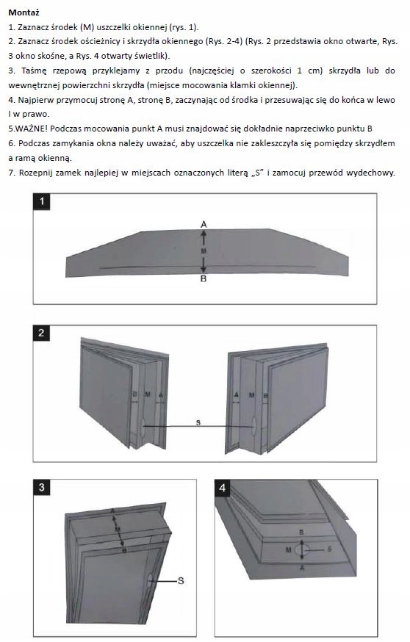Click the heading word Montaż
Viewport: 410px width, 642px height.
[24, 12]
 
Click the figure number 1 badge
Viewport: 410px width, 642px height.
[41, 201]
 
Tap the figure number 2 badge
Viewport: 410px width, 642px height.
[41, 333]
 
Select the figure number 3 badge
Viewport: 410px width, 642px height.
[41, 488]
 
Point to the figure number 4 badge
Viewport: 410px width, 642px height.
[223, 488]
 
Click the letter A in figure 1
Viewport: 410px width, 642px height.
[204, 224]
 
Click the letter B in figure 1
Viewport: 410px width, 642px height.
[204, 279]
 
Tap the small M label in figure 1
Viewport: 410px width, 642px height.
[204, 250]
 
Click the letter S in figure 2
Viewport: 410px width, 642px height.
[198, 422]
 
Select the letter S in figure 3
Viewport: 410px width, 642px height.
[181, 580]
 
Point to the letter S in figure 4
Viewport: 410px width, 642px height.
[329, 549]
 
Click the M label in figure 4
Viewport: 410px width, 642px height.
[288, 549]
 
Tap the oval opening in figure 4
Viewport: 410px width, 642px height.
[302, 549]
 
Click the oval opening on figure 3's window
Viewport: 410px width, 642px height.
[151, 580]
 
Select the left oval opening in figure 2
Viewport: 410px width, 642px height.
[143, 428]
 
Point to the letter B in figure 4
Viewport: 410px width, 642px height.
[301, 533]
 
